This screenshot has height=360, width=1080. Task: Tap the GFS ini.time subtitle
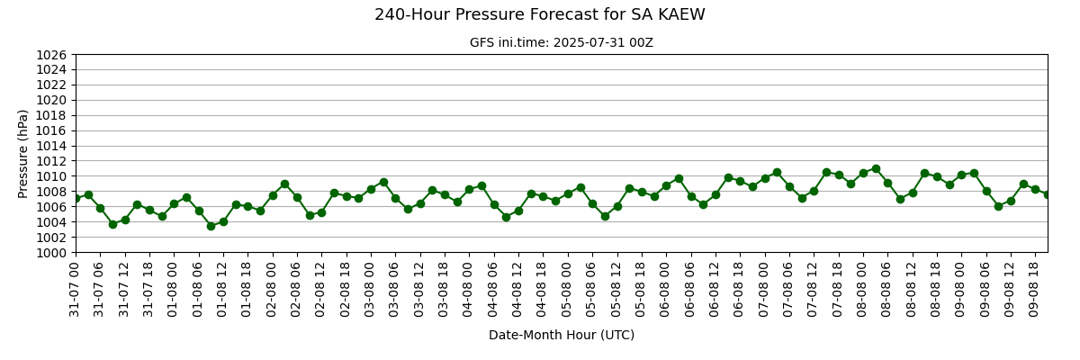point(562,43)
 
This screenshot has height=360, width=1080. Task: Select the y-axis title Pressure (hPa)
point(22,154)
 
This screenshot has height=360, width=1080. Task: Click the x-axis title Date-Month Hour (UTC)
point(562,335)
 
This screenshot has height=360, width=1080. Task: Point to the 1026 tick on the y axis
point(51,55)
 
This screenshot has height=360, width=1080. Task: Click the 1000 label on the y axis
point(51,253)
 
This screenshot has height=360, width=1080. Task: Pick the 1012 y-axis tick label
point(51,161)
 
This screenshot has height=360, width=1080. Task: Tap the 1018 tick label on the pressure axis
point(51,116)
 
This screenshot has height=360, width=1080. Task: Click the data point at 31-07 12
point(125,220)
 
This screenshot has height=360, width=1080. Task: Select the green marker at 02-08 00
point(273,195)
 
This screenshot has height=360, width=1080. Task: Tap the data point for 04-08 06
point(494,205)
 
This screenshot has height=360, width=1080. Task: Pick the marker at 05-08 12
point(617,206)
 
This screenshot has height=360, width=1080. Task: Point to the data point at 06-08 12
point(716,194)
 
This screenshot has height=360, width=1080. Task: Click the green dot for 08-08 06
point(888,183)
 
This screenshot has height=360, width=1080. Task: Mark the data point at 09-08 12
point(1011,201)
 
